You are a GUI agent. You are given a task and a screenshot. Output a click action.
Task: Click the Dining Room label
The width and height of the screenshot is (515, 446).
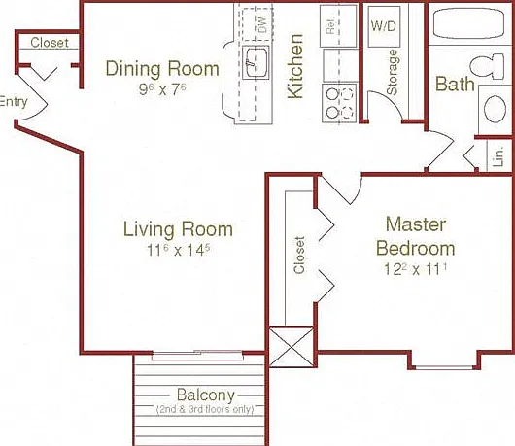click(162, 69)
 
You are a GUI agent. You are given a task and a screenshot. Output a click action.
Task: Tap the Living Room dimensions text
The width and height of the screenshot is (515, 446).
click(178, 251)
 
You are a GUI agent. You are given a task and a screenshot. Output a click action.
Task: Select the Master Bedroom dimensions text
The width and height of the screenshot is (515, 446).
click(416, 269)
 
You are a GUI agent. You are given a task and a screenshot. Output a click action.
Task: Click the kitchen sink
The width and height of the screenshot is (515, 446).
click(256, 62)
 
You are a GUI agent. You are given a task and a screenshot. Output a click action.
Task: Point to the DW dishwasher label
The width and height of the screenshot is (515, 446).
click(262, 24)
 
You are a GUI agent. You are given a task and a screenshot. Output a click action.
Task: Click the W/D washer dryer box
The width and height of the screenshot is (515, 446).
click(384, 26)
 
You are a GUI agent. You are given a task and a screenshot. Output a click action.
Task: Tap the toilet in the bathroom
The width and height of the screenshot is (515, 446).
click(487, 66)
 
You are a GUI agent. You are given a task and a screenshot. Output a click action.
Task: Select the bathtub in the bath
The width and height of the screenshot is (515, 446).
click(469, 23)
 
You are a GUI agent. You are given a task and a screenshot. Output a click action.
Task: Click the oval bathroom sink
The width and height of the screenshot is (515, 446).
click(495, 109)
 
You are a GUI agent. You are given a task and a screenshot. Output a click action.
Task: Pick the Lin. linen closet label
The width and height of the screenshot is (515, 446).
click(498, 156)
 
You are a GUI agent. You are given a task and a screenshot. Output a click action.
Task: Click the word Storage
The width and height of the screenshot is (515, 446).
click(393, 72)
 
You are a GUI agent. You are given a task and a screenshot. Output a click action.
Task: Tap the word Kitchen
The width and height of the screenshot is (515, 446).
click(295, 66)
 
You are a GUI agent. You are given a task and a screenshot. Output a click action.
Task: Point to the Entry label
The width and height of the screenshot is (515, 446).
click(14, 102)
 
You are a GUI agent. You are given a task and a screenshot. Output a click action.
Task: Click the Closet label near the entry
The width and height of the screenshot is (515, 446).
click(50, 43)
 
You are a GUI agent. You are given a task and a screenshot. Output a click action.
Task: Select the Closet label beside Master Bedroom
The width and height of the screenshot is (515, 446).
click(299, 255)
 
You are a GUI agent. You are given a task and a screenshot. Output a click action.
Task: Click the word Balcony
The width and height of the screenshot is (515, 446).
click(206, 395)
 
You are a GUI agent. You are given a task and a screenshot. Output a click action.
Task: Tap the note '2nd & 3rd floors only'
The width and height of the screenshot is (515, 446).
click(205, 409)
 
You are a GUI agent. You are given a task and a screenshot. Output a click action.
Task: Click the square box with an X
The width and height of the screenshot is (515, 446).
click(292, 347)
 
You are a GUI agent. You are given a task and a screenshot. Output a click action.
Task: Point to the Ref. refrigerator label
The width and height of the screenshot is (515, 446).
click(330, 25)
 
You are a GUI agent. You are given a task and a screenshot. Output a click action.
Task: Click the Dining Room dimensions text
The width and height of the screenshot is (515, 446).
click(162, 89)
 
